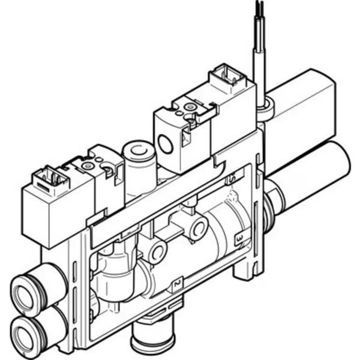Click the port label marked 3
coord(239,239)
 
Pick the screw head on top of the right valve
coord(190,107)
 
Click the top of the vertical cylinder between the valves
coord(137,148)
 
